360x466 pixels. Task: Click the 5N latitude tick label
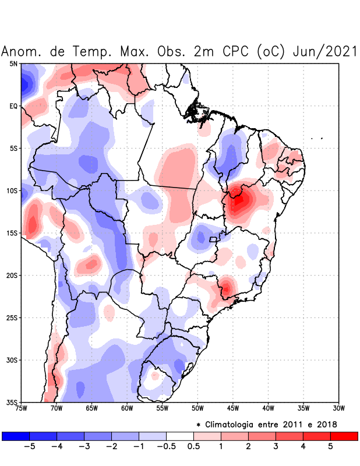(13, 63)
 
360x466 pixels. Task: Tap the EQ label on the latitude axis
(13, 106)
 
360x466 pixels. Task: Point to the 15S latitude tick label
(12, 233)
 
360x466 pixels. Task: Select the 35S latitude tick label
(12, 402)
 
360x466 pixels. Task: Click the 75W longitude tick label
(22, 408)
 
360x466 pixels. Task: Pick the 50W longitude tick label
(197, 408)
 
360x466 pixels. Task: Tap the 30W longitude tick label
(338, 408)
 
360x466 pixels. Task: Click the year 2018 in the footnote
(326, 423)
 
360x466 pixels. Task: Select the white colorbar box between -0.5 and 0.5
(180, 436)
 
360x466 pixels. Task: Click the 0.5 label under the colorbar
(193, 447)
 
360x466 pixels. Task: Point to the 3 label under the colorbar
(276, 447)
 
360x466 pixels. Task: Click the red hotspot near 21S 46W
(225, 287)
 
